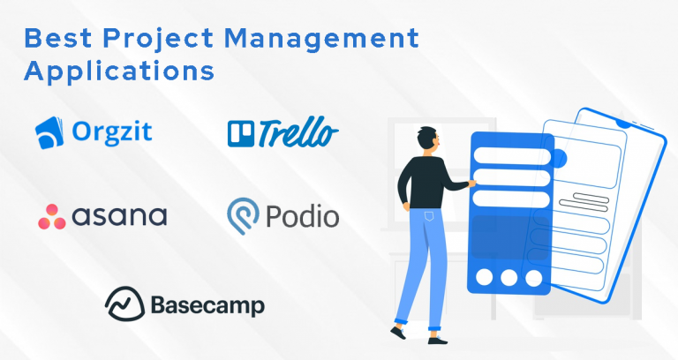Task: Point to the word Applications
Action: pyautogui.click(x=120, y=70)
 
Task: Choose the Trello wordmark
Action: pyautogui.click(x=298, y=134)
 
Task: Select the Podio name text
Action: pyautogui.click(x=303, y=216)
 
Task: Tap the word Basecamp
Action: pyautogui.click(x=195, y=305)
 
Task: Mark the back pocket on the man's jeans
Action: pyautogui.click(x=429, y=216)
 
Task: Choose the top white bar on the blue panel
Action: pyautogui.click(x=511, y=155)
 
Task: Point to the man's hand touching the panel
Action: pyautogui.click(x=472, y=184)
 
